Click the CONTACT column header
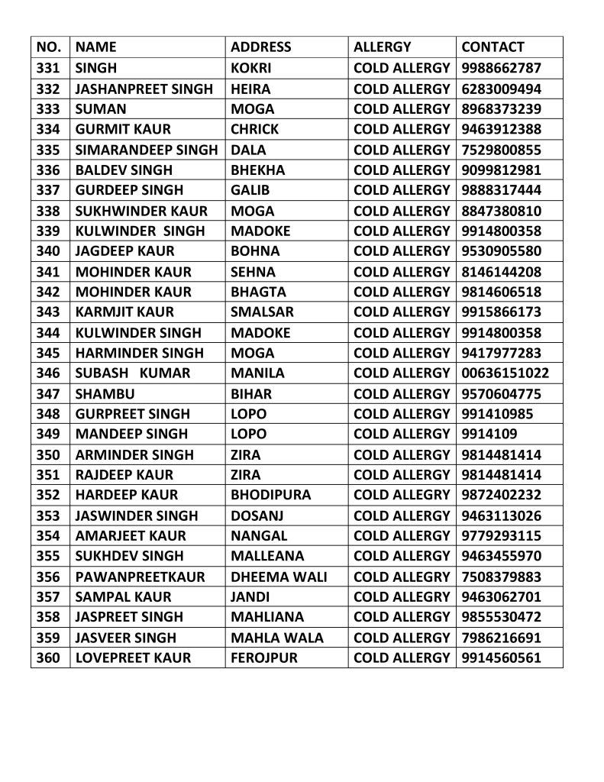[x=493, y=47]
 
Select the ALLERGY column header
[x=382, y=47]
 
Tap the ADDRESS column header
[x=261, y=47]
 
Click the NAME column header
[x=96, y=47]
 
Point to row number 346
[x=48, y=373]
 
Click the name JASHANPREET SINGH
[x=144, y=89]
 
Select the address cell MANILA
[x=257, y=373]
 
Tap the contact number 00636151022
[x=505, y=373]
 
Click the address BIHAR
[x=250, y=394]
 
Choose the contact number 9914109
[x=489, y=435]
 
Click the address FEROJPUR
[x=264, y=658]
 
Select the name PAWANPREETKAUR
[x=141, y=577]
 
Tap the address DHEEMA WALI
[x=279, y=577]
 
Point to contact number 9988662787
[x=502, y=68]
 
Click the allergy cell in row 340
[x=402, y=251]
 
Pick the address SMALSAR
[x=262, y=312]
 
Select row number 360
[x=48, y=658]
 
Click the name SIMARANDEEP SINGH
[x=147, y=150]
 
